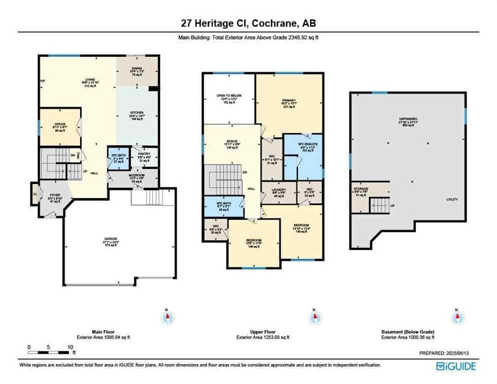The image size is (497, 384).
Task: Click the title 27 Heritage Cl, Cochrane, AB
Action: (248, 23)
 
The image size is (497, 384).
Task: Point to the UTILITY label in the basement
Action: (452, 199)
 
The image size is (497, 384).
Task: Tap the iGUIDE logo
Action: (456, 366)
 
